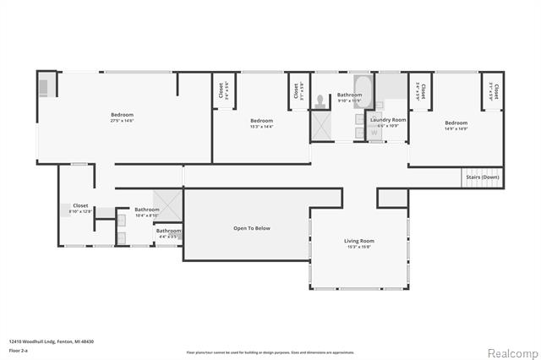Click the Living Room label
[358, 243]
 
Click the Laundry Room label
[388, 121]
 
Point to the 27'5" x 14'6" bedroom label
[122, 117]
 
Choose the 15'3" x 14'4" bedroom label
[261, 123]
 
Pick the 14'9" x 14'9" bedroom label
[456, 125]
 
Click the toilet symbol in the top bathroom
[321, 101]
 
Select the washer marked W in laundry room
[374, 132]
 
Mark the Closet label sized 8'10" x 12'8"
[80, 207]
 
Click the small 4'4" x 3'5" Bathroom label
[168, 232]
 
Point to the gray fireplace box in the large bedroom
[44, 85]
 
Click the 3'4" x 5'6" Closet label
[221, 90]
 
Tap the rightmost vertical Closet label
[496, 90]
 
